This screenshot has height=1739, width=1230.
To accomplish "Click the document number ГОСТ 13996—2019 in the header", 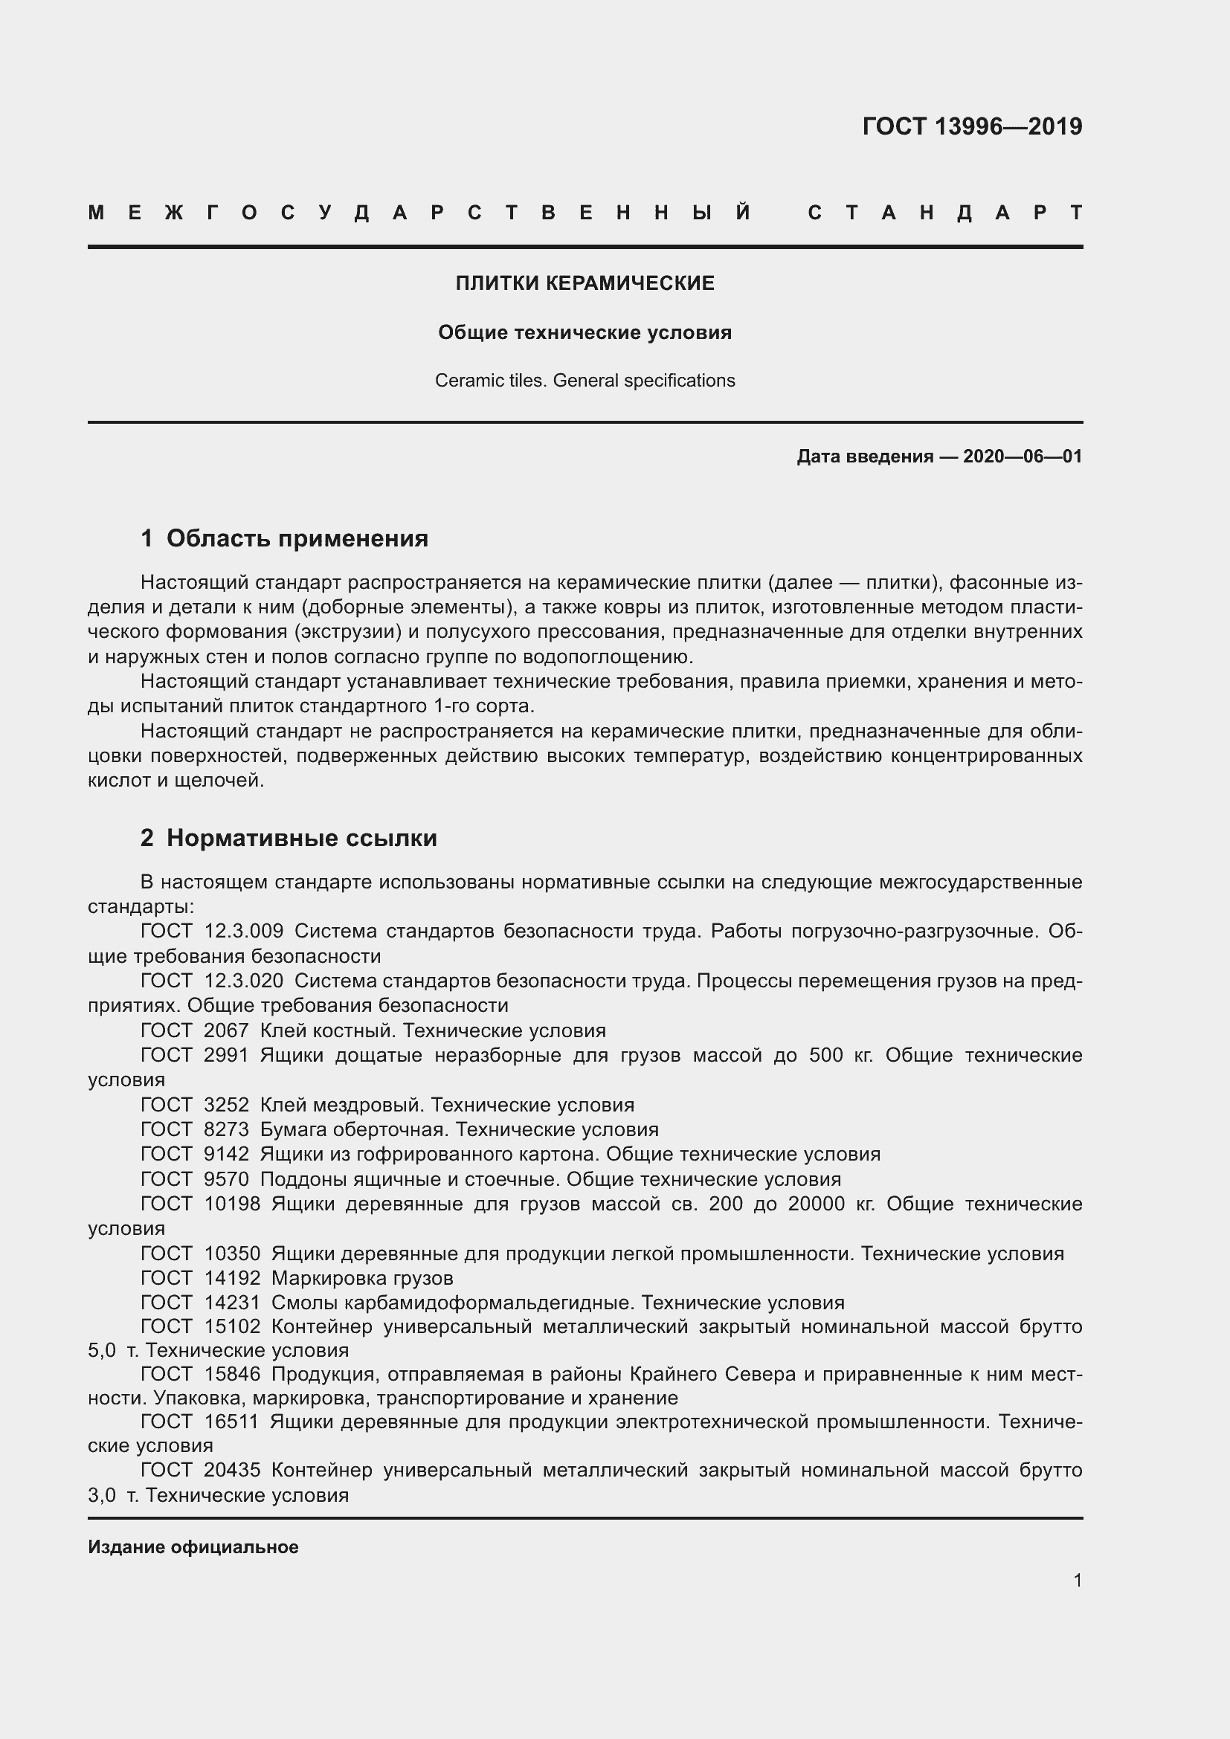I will (972, 126).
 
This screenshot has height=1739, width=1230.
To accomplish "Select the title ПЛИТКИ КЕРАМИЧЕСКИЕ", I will (585, 283).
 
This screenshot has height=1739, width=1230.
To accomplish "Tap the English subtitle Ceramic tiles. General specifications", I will (585, 380).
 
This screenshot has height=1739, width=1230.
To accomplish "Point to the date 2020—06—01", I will (1023, 456).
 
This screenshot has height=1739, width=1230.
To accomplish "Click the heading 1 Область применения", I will (285, 538).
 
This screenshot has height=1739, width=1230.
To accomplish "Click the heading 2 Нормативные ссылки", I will (289, 839).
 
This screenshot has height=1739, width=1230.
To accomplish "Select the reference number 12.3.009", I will (243, 931).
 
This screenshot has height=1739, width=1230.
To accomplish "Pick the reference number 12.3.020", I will (243, 981).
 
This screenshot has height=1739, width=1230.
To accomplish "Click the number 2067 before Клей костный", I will (226, 1030).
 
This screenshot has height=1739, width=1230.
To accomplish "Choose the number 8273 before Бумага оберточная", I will (226, 1129).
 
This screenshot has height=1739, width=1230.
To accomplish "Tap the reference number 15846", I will (232, 1374).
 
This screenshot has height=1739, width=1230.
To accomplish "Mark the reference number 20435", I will (232, 1470).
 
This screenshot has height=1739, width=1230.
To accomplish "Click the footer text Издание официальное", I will (193, 1547).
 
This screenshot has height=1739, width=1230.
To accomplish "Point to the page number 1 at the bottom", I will (1077, 1581).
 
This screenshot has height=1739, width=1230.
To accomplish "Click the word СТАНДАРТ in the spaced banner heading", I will (944, 213).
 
